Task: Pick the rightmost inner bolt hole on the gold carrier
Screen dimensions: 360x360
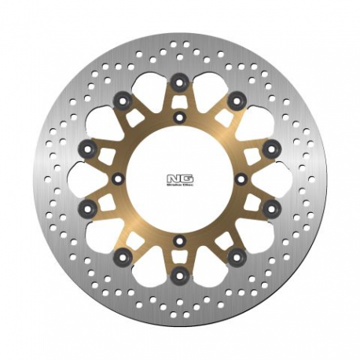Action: click(x=241, y=178)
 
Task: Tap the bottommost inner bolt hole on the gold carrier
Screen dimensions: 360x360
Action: click(x=180, y=239)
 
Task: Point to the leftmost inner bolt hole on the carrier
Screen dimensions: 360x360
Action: click(x=119, y=178)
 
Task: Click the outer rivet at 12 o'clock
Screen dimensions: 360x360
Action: click(x=180, y=81)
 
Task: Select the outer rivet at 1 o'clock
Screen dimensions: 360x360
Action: click(x=236, y=100)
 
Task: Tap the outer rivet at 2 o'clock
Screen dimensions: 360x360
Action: click(x=272, y=149)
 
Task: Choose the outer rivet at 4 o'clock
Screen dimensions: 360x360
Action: click(x=272, y=209)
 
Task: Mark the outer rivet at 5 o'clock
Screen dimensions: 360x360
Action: click(x=236, y=257)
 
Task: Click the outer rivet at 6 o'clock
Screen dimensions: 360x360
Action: click(x=180, y=276)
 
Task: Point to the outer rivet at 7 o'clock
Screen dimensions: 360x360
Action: click(x=123, y=257)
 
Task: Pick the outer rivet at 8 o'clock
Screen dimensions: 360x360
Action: click(x=88, y=209)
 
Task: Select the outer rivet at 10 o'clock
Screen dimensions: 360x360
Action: click(x=88, y=149)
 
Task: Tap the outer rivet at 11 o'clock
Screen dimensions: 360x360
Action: click(x=123, y=100)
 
